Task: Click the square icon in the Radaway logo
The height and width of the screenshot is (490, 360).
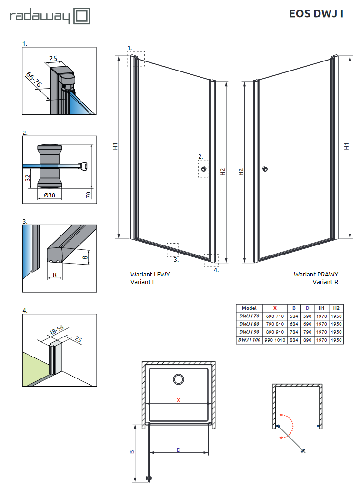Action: pos(81,17)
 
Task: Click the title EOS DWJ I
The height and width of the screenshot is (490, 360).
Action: pos(316,14)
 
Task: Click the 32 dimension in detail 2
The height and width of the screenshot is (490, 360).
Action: pos(28,177)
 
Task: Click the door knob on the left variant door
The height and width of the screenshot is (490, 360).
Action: pos(204,169)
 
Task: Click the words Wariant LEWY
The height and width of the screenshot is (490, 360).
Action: pos(150,274)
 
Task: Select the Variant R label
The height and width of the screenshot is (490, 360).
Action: pos(325,282)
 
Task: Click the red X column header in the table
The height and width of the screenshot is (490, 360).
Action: pos(275,308)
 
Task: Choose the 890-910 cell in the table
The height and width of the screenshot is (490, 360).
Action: pos(275,332)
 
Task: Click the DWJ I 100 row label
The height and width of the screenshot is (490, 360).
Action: pos(249,340)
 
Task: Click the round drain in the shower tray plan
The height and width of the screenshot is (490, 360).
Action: pos(179,379)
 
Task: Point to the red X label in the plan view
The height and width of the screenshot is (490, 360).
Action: pos(178,400)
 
